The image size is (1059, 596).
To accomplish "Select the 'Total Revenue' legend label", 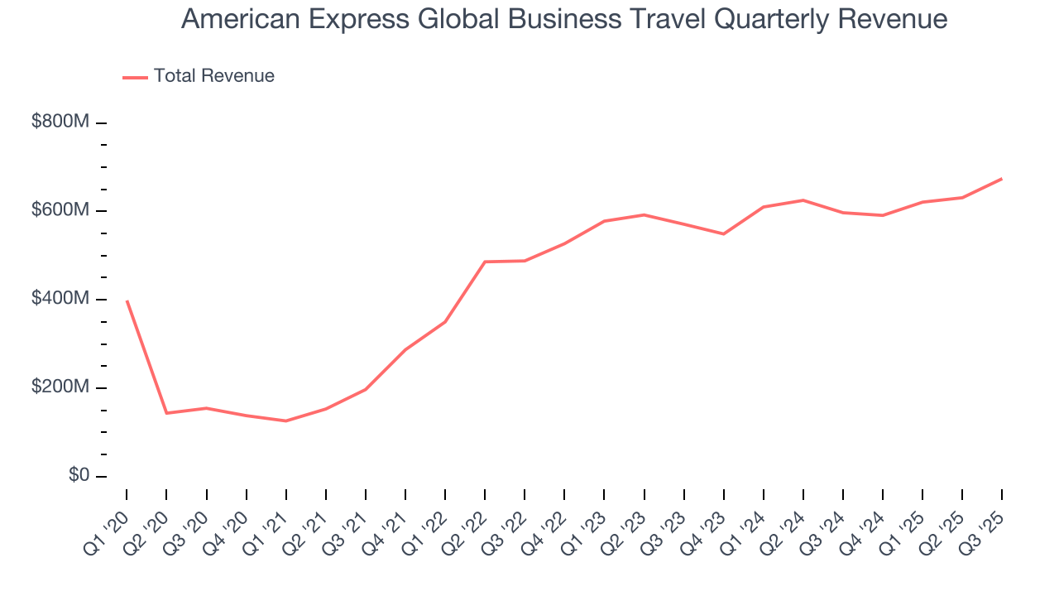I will click(x=213, y=76).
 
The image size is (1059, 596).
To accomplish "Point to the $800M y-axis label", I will click(x=60, y=122).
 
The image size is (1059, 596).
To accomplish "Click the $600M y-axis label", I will click(x=60, y=210).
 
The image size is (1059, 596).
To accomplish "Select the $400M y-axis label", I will click(x=60, y=299).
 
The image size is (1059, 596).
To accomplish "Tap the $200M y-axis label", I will click(x=60, y=387).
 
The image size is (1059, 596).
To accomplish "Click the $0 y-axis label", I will click(x=79, y=476).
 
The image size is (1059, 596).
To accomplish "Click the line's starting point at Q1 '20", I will click(x=127, y=300).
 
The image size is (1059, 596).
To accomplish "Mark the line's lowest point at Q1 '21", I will click(x=286, y=421).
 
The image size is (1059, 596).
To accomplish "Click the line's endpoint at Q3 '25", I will click(x=1002, y=179).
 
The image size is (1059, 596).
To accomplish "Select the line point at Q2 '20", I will click(x=166, y=413).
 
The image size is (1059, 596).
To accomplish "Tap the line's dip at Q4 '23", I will click(x=723, y=234).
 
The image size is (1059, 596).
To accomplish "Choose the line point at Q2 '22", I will click(x=485, y=262).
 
